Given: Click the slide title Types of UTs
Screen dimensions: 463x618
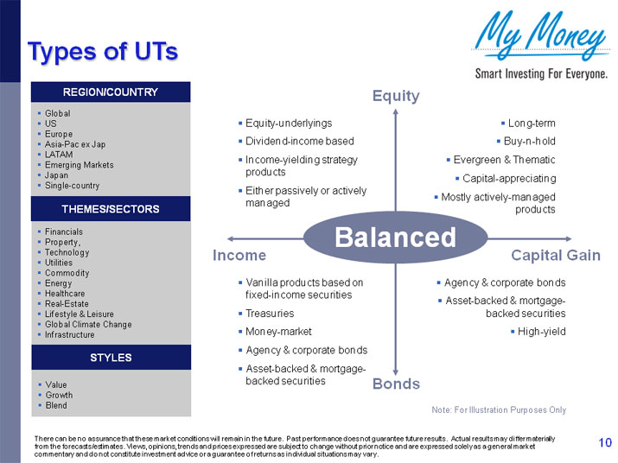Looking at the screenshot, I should [102, 52].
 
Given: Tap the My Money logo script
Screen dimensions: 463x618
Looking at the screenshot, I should [540, 36].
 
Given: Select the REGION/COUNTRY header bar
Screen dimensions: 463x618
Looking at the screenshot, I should [111, 92].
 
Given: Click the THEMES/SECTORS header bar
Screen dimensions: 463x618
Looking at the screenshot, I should [111, 209].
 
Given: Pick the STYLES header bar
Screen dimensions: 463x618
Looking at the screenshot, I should [111, 357].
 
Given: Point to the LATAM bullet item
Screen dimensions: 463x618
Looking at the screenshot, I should [59, 155].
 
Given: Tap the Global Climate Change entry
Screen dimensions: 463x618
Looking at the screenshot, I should [88, 325].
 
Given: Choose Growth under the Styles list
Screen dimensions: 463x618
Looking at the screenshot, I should [59, 396].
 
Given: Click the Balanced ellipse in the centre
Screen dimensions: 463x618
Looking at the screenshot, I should [395, 238].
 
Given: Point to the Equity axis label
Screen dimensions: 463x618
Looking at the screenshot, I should [396, 96].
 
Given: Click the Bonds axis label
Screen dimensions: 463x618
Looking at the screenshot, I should [396, 384].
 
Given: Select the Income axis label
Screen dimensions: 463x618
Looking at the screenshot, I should [239, 256].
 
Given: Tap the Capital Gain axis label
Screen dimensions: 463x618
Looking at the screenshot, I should [556, 256].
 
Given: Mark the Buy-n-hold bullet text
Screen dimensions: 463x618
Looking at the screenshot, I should [530, 142].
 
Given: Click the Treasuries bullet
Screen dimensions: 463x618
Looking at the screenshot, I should [270, 314].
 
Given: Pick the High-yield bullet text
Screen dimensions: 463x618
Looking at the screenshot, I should [541, 332].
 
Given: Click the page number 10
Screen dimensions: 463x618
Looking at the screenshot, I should [604, 443].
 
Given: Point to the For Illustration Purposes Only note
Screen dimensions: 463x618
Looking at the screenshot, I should [498, 409].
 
